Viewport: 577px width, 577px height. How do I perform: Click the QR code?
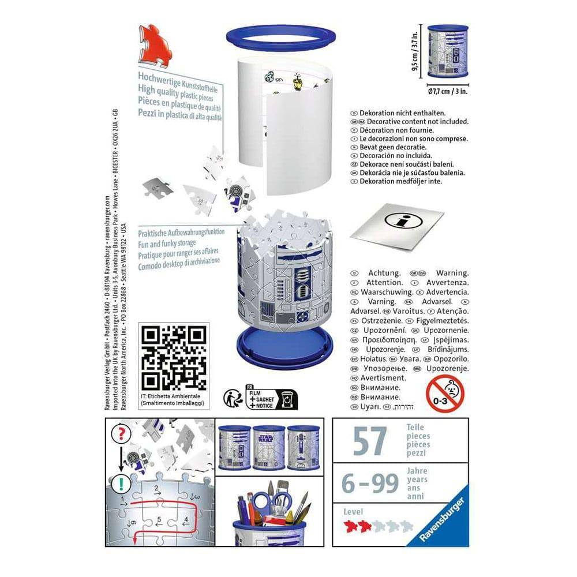(174, 357)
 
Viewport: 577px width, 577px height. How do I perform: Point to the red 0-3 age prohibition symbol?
(445, 393)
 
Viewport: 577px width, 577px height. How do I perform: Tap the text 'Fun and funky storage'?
(167, 243)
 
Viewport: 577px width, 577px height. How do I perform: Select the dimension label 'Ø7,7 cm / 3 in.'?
(448, 91)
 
